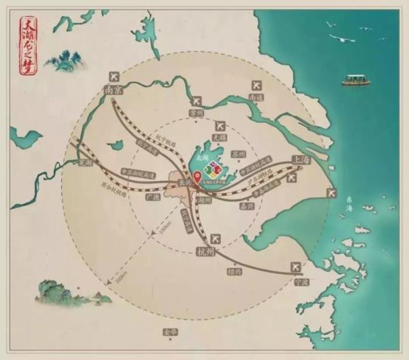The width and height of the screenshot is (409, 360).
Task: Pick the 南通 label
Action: (x=256, y=98)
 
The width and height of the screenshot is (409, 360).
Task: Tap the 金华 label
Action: (x=169, y=332)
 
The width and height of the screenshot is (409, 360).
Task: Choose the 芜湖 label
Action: (x=85, y=163)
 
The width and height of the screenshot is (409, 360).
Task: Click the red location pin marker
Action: (x=197, y=176)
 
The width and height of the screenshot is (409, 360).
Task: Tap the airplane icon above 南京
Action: (x=114, y=77)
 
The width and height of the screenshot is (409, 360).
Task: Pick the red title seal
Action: (x=27, y=46)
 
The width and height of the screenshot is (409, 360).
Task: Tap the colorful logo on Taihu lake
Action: (x=214, y=170)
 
